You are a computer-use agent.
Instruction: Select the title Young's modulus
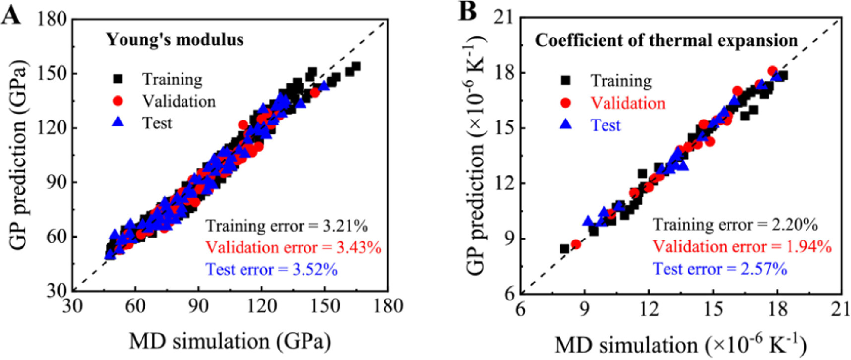(175, 40)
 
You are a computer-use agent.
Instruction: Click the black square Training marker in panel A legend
(118, 79)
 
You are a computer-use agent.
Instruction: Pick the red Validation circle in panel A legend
(118, 101)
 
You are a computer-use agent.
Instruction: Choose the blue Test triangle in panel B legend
(565, 124)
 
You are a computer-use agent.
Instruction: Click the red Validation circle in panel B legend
(565, 103)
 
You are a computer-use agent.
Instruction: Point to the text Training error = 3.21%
(287, 226)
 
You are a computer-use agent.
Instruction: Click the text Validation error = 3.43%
(294, 247)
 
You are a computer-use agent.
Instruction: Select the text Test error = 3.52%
(272, 269)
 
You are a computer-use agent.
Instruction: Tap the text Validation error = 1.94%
(742, 246)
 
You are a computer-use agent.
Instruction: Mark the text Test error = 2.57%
(720, 268)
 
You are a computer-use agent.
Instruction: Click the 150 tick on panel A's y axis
(52, 74)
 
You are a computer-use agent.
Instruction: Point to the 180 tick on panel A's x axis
(388, 306)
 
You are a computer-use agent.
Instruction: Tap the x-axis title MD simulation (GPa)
(230, 341)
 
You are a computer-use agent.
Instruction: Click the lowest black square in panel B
(564, 249)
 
